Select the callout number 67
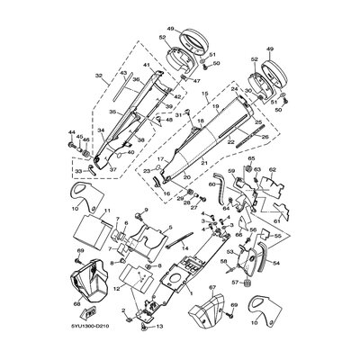[x=213, y=288]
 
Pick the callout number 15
[x=205, y=93]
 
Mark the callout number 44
[x=70, y=134]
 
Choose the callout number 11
[x=107, y=212]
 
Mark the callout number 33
[x=78, y=169]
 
